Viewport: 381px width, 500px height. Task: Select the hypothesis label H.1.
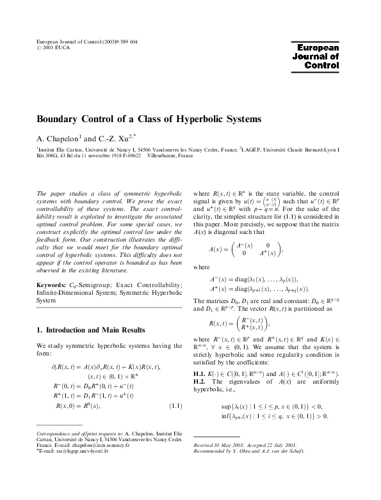[x=200, y=373]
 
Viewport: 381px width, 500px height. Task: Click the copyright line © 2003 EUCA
[x=56, y=47]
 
